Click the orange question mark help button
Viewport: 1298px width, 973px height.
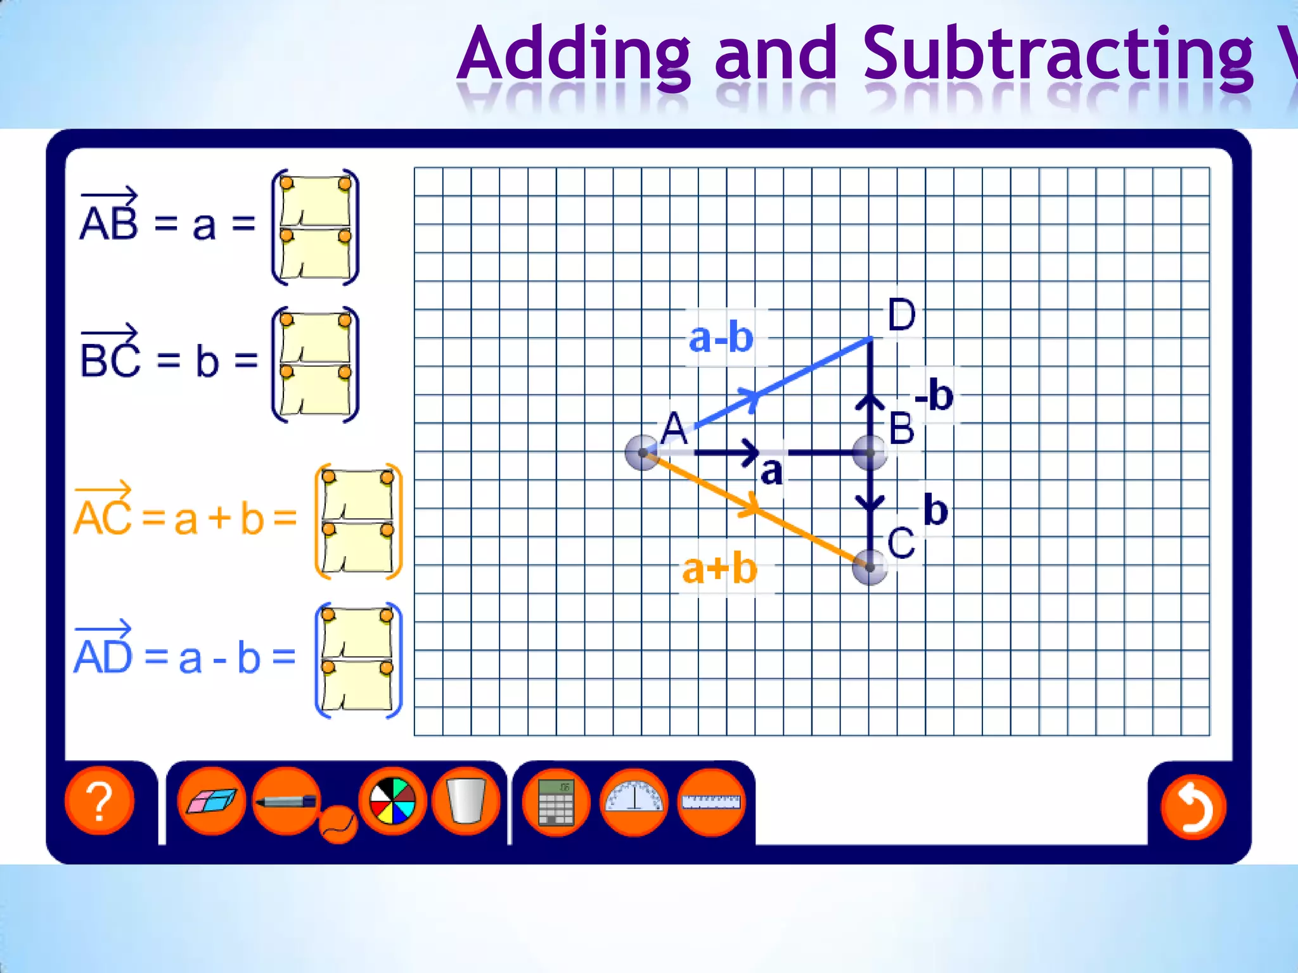[x=100, y=801]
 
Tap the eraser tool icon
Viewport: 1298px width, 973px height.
[x=211, y=801]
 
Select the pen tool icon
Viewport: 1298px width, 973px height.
[x=286, y=801]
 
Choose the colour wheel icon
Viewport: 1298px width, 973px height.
[x=392, y=801]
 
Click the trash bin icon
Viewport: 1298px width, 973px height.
[x=466, y=801]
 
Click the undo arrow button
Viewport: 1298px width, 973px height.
[x=1193, y=807]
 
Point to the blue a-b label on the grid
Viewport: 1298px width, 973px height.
[x=721, y=338]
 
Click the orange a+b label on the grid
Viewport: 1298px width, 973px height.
[x=720, y=568]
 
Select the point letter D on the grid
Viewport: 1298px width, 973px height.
[x=901, y=315]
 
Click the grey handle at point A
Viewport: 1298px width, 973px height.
[x=643, y=453]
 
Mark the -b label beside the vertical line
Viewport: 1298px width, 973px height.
[x=934, y=395]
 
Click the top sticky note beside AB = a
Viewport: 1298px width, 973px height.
[x=315, y=201]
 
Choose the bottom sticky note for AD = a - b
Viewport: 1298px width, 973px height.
[x=358, y=687]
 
